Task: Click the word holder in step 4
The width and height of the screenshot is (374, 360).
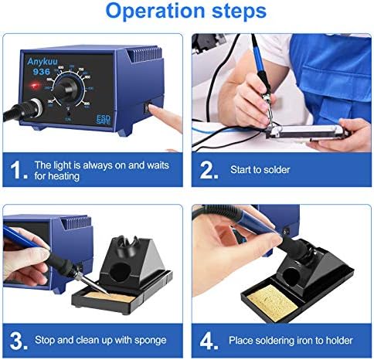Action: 336,341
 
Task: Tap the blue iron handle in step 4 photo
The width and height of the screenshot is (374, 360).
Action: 247,232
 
